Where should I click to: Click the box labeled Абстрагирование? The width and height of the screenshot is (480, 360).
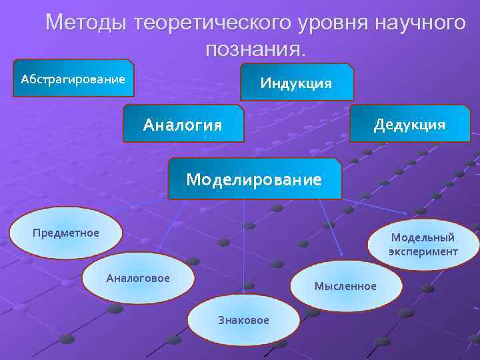(73, 79)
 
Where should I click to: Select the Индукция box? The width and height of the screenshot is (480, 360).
(296, 83)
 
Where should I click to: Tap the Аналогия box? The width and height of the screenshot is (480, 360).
(183, 124)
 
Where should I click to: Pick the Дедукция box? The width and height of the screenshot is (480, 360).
(409, 124)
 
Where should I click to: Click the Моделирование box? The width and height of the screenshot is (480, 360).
(254, 179)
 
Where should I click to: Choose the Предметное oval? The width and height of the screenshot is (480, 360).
(66, 233)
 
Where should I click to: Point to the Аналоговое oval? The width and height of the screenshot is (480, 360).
(138, 278)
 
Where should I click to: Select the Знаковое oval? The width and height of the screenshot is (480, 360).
(243, 320)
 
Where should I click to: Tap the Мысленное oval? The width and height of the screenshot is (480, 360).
(345, 286)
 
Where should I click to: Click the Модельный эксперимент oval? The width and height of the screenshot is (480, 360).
(423, 245)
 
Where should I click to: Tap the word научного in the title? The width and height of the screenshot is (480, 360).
(420, 23)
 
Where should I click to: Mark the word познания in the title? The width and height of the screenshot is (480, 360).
(253, 48)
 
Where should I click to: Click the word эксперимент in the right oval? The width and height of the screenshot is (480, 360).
(423, 252)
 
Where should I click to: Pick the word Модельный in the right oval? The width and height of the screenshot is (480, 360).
(423, 237)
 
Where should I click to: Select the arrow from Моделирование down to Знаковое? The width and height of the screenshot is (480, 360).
(244, 247)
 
